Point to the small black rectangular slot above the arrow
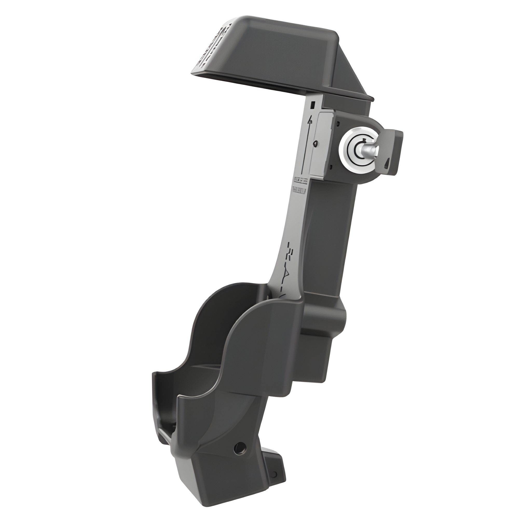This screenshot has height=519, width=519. point(312,104)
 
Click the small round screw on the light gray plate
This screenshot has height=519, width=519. point(316,143)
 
